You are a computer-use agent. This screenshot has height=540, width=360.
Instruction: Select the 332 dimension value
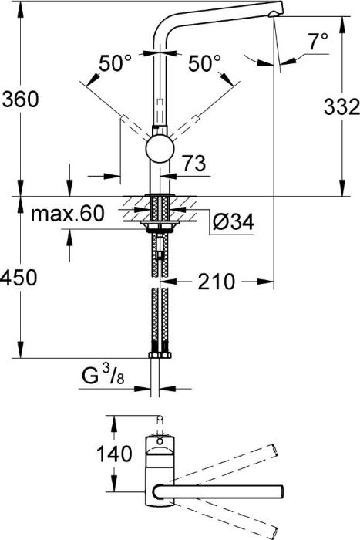click(x=341, y=106)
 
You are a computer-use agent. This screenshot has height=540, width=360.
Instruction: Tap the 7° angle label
click(x=318, y=42)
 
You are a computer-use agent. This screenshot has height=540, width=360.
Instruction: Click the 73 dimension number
click(x=194, y=163)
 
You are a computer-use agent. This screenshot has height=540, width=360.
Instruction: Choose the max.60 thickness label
click(x=67, y=214)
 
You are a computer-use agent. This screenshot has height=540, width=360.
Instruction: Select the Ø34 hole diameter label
click(x=232, y=222)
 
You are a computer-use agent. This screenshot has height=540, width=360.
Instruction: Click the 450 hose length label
click(x=20, y=278)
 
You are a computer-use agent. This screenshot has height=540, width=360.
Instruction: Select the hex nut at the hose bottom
click(x=160, y=356)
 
